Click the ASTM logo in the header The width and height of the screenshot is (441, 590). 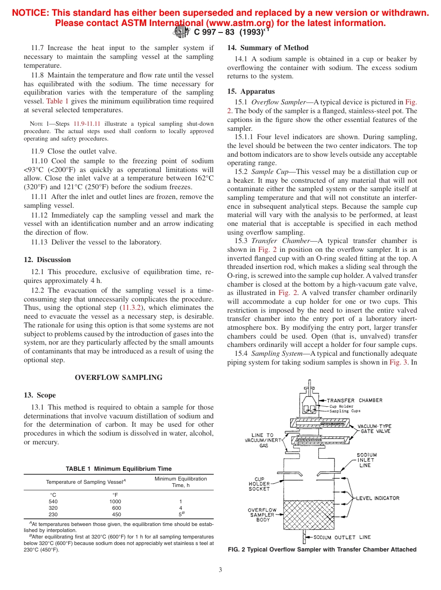tap(181, 32)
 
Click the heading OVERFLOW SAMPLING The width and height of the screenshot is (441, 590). tap(118, 378)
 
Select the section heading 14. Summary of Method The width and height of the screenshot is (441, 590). tap(267, 48)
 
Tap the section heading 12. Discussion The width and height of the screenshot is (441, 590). tap(47, 260)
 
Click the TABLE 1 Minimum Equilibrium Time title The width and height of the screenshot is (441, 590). tap(118, 468)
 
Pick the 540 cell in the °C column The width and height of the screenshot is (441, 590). tap(53, 501)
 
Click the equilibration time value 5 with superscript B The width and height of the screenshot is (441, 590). tap(181, 514)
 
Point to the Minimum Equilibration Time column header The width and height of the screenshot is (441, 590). tap(181, 482)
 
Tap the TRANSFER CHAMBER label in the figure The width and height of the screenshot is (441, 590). tap(355, 400)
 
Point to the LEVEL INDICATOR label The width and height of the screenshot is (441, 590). tap(377, 498)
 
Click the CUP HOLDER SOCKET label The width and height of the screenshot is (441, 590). tap(259, 484)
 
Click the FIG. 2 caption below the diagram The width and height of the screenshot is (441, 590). tap(322, 550)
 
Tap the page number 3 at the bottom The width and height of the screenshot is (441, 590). tap(220, 570)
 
